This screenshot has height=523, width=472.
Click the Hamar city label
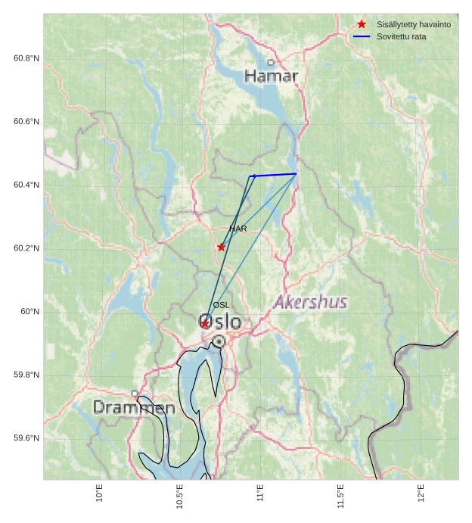click(x=272, y=76)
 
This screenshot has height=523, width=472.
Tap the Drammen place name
click(x=134, y=408)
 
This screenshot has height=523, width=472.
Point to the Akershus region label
click(x=311, y=303)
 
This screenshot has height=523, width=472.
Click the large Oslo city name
click(x=220, y=322)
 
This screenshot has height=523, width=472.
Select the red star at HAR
click(x=221, y=247)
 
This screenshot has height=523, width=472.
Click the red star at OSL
click(x=205, y=323)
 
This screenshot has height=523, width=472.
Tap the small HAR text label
click(x=238, y=229)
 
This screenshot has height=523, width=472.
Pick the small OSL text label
click(x=221, y=305)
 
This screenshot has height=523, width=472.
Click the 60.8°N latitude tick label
click(x=26, y=58)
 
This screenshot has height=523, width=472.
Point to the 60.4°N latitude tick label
click(x=26, y=185)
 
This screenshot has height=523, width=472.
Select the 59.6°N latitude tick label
click(x=26, y=439)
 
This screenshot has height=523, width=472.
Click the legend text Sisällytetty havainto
click(x=413, y=25)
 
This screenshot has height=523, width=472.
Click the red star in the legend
click(x=362, y=24)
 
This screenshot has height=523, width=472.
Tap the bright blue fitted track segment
click(x=274, y=175)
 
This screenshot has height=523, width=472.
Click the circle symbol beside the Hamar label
click(x=271, y=63)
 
